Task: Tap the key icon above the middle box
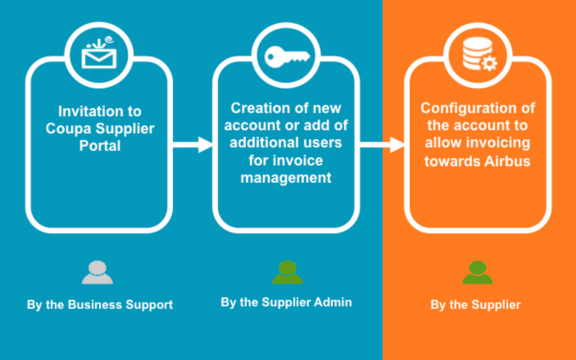tap(287, 56)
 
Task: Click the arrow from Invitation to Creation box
tap(193, 145)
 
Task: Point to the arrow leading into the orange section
tap(382, 145)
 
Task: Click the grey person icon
tap(97, 272)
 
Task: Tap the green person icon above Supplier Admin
tap(287, 272)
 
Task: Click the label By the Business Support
tap(100, 305)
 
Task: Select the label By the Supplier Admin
tap(286, 302)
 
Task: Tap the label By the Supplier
tap(476, 305)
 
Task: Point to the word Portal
tap(100, 146)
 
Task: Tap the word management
tap(286, 177)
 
